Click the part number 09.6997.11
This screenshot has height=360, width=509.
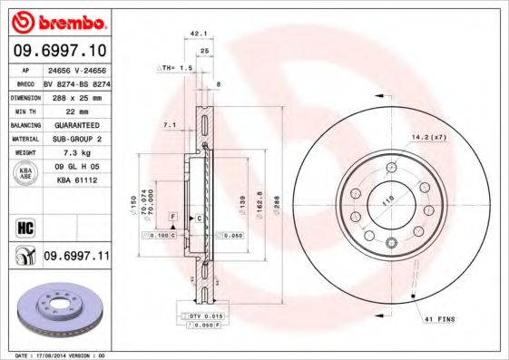tap(75, 257)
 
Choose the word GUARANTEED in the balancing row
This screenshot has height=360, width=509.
tap(75, 124)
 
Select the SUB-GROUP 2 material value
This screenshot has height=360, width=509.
tap(75, 139)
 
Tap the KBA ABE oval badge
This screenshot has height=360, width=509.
tap(26, 174)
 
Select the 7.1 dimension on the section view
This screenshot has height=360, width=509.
tap(169, 124)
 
